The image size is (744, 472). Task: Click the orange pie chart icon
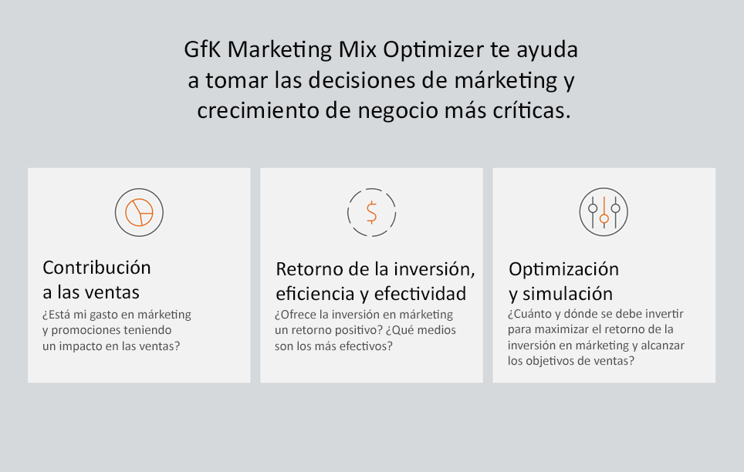139,213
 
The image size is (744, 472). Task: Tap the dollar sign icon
371,212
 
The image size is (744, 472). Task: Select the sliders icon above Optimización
604,212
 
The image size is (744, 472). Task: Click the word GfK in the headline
203,49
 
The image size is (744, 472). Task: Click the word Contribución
96,268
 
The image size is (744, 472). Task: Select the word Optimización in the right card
563,269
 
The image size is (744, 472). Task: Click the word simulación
567,294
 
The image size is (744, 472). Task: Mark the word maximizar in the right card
552,329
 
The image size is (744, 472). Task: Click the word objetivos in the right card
544,362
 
